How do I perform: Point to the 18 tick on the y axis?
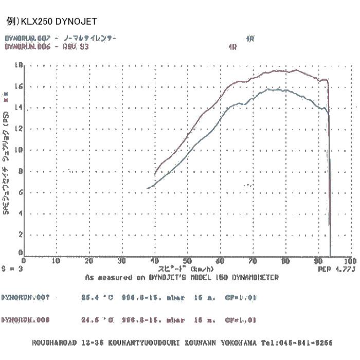[x=20, y=65]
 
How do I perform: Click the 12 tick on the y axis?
[x=20, y=129]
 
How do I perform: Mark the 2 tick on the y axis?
[x=21, y=234]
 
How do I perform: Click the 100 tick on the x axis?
[x=350, y=261]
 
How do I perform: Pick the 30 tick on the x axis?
[x=122, y=261]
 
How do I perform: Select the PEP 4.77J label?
[x=337, y=268]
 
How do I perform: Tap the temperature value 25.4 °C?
[x=98, y=298]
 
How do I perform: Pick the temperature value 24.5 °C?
[x=98, y=320]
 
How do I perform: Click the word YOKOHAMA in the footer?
[x=240, y=343]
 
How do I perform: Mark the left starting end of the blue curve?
[x=148, y=188]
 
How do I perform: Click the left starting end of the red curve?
[x=155, y=174]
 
